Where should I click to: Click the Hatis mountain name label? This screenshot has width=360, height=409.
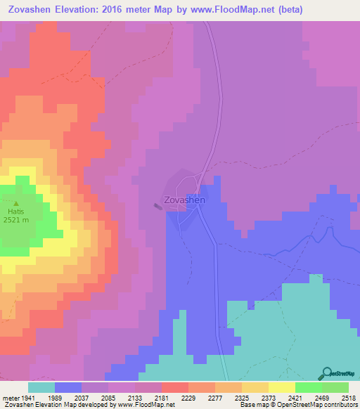pyautogui.click(x=15, y=211)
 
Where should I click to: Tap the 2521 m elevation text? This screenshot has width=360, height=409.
pyautogui.click(x=15, y=220)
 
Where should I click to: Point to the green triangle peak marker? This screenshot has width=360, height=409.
pyautogui.click(x=15, y=202)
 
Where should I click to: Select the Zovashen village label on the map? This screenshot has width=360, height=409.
pyautogui.click(x=184, y=200)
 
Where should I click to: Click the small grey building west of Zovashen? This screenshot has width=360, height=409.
pyautogui.click(x=157, y=206)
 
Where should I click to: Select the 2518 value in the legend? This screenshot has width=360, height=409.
pyautogui.click(x=349, y=397)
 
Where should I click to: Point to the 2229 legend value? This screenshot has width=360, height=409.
pyautogui.click(x=188, y=397)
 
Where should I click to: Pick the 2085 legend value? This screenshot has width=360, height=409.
pyautogui.click(x=108, y=397)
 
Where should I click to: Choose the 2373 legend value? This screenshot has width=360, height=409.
pyautogui.click(x=269, y=397)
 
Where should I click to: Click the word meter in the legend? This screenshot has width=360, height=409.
pyautogui.click(x=10, y=397)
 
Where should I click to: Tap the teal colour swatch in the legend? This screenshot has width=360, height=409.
pyautogui.click(x=41, y=387)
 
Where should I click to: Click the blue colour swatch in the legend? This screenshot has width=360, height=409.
pyautogui.click(x=68, y=387)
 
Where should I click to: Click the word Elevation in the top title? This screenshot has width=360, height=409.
pyautogui.click(x=81, y=9)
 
